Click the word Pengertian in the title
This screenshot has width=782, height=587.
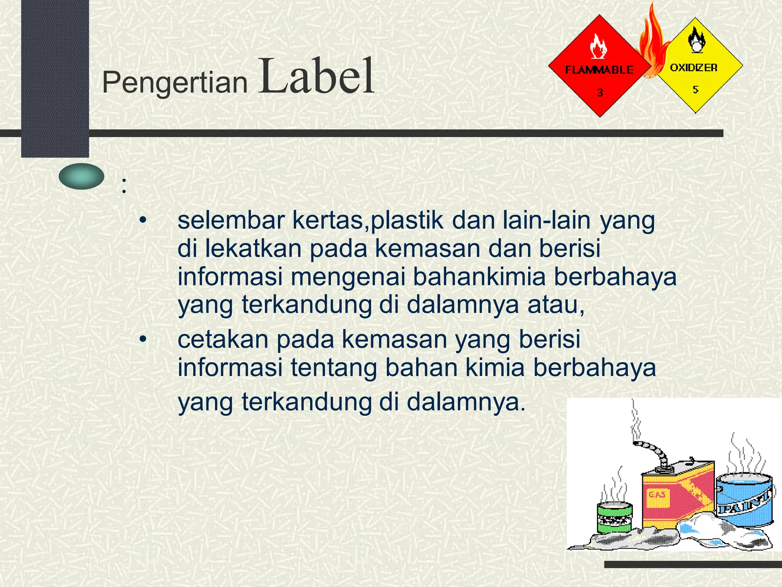point(175,83)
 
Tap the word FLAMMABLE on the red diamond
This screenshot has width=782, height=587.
point(599,70)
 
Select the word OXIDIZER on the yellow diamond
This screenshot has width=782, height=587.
point(693,68)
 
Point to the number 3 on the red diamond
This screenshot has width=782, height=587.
point(600,92)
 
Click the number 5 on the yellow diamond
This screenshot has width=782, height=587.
point(695,89)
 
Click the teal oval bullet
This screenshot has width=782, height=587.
point(81,176)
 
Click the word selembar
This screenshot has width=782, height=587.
point(231,221)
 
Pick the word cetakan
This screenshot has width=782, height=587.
point(223,339)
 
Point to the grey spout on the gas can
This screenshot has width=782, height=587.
point(653,451)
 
